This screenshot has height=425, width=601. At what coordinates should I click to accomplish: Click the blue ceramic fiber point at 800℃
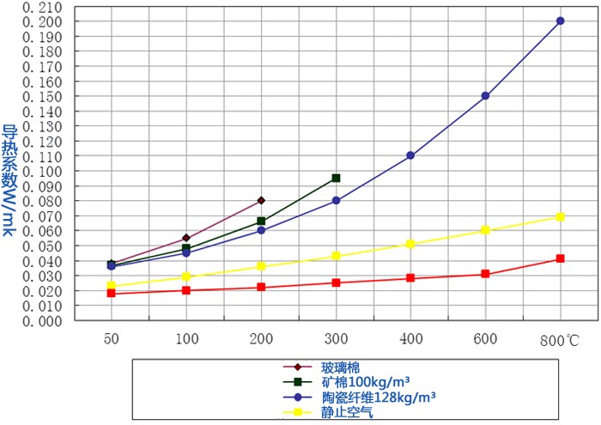point(560,21)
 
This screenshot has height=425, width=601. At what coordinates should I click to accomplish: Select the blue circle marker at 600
point(485,96)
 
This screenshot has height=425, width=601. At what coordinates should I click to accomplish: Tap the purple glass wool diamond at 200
point(261,200)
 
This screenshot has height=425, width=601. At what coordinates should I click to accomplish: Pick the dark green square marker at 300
point(336,178)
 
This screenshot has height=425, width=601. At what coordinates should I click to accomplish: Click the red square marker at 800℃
point(560,258)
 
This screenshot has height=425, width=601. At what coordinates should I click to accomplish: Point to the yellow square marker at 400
point(410,244)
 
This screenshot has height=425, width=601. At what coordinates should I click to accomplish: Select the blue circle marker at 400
point(410,155)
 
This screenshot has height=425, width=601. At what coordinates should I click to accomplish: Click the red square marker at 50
point(111,294)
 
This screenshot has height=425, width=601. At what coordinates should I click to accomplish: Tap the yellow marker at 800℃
point(560,216)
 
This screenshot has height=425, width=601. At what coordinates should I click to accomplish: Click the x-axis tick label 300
point(336,339)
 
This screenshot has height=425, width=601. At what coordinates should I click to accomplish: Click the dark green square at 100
point(186,248)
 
